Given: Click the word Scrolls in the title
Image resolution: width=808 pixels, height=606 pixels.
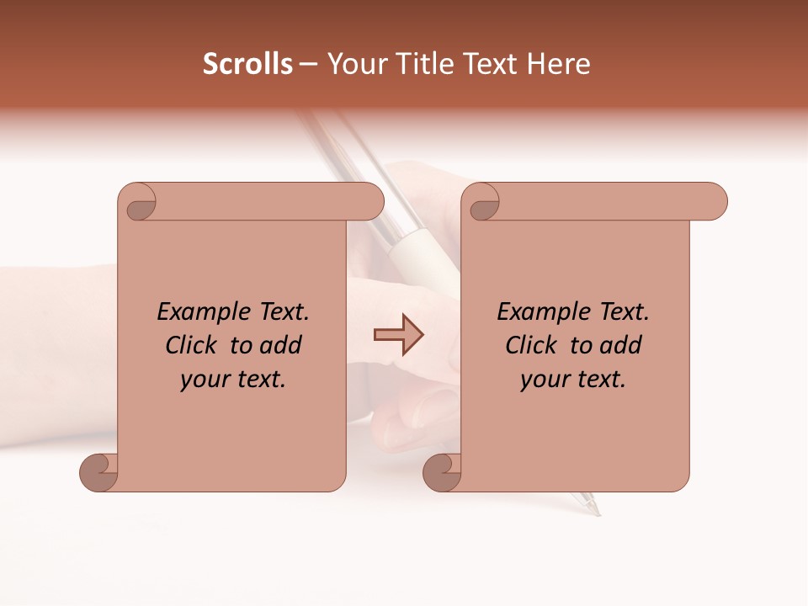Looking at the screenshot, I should point(247,64).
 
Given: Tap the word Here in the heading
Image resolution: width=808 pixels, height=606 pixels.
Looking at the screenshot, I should point(558,64).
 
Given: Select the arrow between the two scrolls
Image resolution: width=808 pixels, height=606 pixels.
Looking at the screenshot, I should point(398,335).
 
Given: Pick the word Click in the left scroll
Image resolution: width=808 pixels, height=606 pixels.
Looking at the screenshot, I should point(192,346).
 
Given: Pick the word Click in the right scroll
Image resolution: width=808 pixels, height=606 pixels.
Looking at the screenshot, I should point(532,346).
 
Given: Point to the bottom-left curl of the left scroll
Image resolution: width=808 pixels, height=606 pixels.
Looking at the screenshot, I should point(98,472).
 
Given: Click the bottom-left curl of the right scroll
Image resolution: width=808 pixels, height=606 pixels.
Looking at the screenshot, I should point(441,472).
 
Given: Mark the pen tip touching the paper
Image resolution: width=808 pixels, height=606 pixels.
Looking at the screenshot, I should point(597,512).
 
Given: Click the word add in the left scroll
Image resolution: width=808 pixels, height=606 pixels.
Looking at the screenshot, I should point(280,346).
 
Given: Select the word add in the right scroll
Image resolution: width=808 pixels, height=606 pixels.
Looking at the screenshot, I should point(620,346).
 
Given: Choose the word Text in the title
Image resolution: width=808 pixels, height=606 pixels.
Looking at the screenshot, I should point(486,64).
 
